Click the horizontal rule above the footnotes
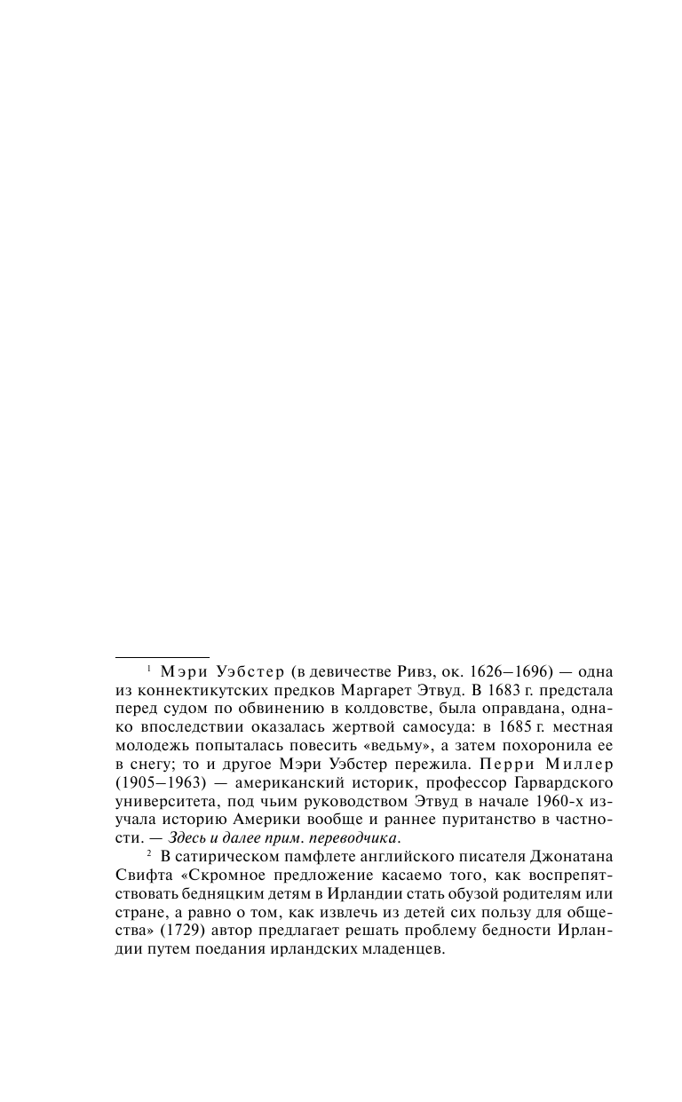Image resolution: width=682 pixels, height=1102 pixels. (163, 656)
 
